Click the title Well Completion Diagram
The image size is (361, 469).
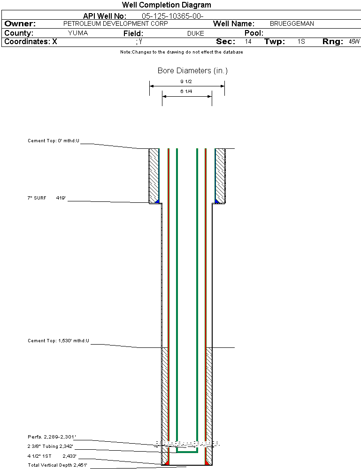(x=166, y=5)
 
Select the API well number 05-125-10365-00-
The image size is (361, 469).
(x=173, y=16)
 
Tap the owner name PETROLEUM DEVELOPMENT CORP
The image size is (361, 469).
(x=115, y=23)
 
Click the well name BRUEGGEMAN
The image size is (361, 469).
(x=292, y=23)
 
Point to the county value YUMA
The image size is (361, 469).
(x=78, y=33)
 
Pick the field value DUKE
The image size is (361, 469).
(x=196, y=33)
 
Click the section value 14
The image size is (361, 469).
(x=248, y=41)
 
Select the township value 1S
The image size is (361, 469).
(x=301, y=41)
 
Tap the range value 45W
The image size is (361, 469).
(x=354, y=41)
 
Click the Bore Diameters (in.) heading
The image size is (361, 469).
(x=192, y=70)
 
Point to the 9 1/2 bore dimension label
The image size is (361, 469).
(x=186, y=81)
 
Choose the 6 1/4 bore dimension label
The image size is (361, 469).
(x=186, y=91)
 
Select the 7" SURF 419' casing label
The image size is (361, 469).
(x=46, y=198)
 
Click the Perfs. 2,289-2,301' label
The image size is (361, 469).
(x=52, y=437)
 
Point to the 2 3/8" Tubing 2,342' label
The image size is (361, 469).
(x=50, y=446)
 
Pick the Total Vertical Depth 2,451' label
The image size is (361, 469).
(x=57, y=465)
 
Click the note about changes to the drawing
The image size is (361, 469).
(x=182, y=52)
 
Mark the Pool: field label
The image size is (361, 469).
(x=254, y=33)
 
